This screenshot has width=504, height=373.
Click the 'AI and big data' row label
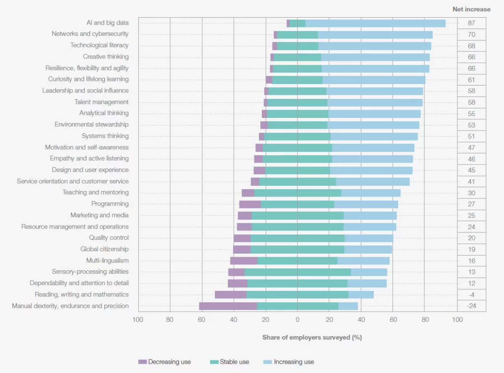[107, 23]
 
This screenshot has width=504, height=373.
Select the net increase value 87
[471, 23]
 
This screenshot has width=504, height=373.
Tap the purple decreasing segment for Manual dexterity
[228, 306]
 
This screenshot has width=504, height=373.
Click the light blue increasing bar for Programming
[366, 204]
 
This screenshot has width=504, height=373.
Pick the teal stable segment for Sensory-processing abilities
[297, 272]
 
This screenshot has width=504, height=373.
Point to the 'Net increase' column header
[471, 9]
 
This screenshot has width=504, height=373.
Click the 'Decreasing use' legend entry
[164, 362]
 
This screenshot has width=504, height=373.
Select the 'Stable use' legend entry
[229, 362]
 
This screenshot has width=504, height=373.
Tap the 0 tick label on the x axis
[297, 320]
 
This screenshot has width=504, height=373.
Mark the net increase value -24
[471, 306]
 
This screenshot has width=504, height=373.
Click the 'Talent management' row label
[101, 102]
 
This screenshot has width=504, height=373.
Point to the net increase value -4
[471, 295]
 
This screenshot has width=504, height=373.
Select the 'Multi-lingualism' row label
[107, 260]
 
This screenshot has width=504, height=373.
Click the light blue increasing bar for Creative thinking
[375, 57]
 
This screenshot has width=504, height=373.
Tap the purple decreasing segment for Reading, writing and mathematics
[230, 295]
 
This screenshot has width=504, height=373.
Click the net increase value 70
[471, 34]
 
